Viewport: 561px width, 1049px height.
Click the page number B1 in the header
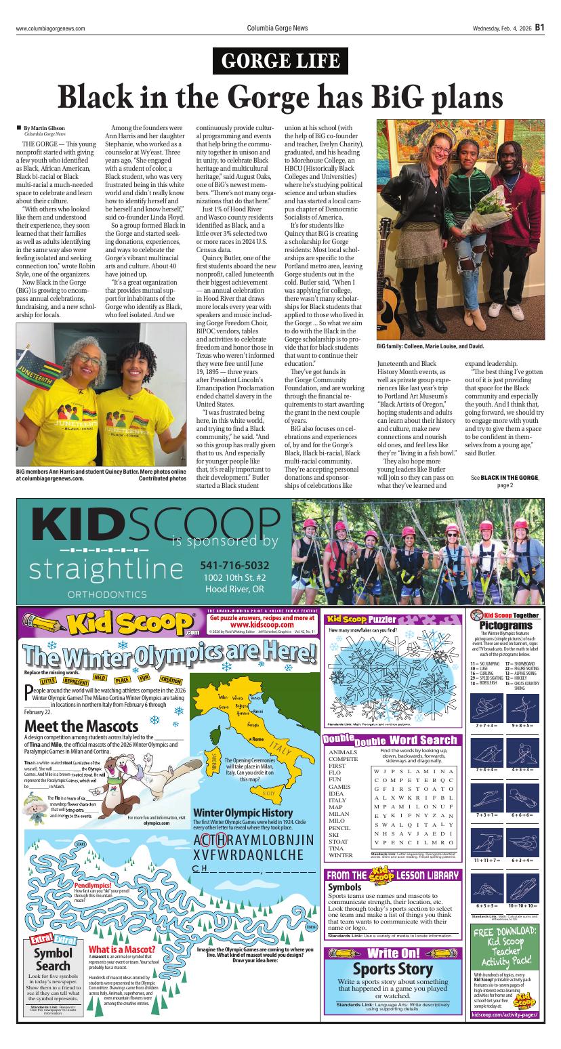(x=539, y=28)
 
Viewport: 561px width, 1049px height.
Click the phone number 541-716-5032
(x=234, y=565)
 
